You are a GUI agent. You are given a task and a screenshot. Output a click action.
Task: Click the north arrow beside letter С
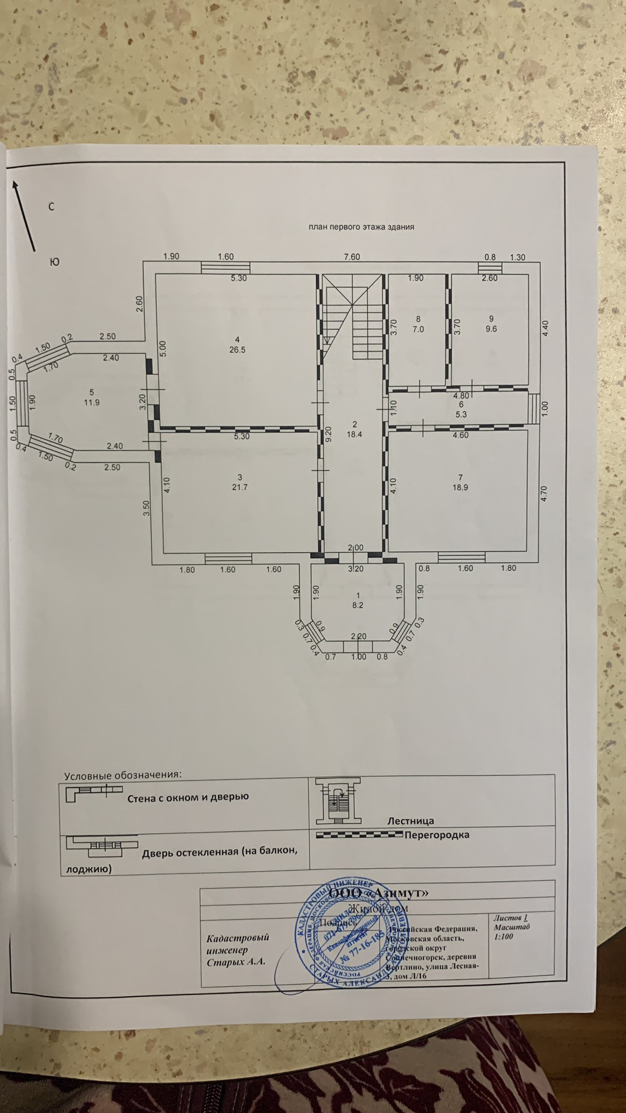(24, 216)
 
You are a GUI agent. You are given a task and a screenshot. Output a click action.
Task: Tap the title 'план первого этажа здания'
(361, 227)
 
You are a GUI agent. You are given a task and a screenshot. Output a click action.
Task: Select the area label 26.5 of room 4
(237, 350)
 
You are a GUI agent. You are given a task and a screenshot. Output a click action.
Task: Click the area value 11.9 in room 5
(91, 403)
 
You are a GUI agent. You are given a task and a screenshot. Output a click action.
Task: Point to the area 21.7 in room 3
(240, 487)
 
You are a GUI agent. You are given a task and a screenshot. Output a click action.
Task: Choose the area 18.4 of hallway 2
(354, 434)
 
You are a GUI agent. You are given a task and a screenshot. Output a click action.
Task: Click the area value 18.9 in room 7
(460, 487)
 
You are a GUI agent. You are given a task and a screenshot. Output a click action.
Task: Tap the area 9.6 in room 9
(491, 329)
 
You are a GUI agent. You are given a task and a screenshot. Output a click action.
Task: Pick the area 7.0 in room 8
(418, 329)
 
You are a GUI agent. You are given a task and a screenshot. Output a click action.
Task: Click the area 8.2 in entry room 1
(357, 605)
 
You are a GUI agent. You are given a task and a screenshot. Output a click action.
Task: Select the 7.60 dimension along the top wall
(352, 257)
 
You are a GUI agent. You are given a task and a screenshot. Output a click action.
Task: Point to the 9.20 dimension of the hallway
(328, 435)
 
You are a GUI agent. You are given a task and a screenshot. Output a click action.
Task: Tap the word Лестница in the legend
(411, 821)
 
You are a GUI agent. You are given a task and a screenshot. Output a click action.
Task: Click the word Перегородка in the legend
(437, 835)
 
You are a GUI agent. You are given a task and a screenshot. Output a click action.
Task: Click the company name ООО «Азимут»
(386, 893)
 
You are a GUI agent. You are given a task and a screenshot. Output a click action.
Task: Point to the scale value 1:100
(504, 936)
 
